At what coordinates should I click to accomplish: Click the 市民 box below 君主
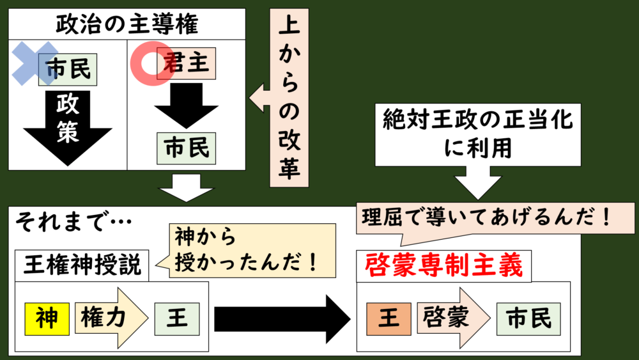[187, 148]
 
